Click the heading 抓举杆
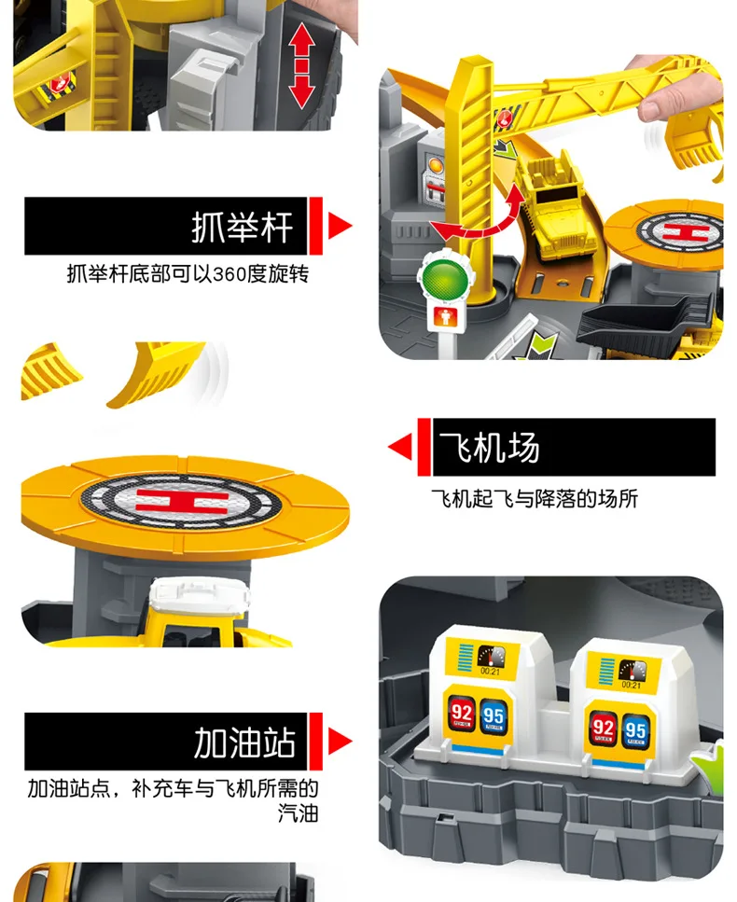[242, 227]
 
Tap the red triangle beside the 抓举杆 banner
[339, 226]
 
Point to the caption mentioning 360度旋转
[187, 274]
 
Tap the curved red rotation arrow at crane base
[476, 222]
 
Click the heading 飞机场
[491, 449]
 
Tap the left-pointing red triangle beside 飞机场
[400, 448]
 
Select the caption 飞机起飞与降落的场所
[534, 499]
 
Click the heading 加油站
[244, 743]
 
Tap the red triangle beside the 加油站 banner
[340, 742]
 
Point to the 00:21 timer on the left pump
[490, 670]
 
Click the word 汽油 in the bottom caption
[299, 813]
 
